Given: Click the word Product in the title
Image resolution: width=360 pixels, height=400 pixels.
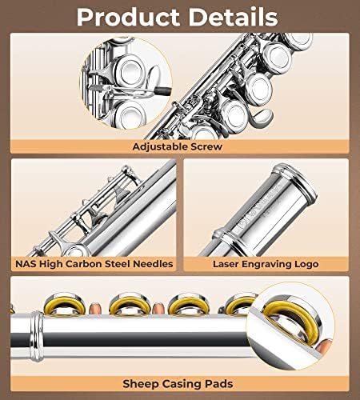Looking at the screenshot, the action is click(128, 17).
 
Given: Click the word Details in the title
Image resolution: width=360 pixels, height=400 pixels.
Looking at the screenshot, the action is click(234, 17).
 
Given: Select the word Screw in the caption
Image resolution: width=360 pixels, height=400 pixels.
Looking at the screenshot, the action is click(206, 146).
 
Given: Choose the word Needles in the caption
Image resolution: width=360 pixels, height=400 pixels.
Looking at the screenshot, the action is click(153, 264).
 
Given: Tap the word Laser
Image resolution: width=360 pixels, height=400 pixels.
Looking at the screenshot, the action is click(226, 264).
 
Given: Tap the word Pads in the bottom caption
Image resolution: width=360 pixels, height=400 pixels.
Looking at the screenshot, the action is click(219, 384).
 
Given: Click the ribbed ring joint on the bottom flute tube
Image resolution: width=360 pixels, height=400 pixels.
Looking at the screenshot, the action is click(37, 337).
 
